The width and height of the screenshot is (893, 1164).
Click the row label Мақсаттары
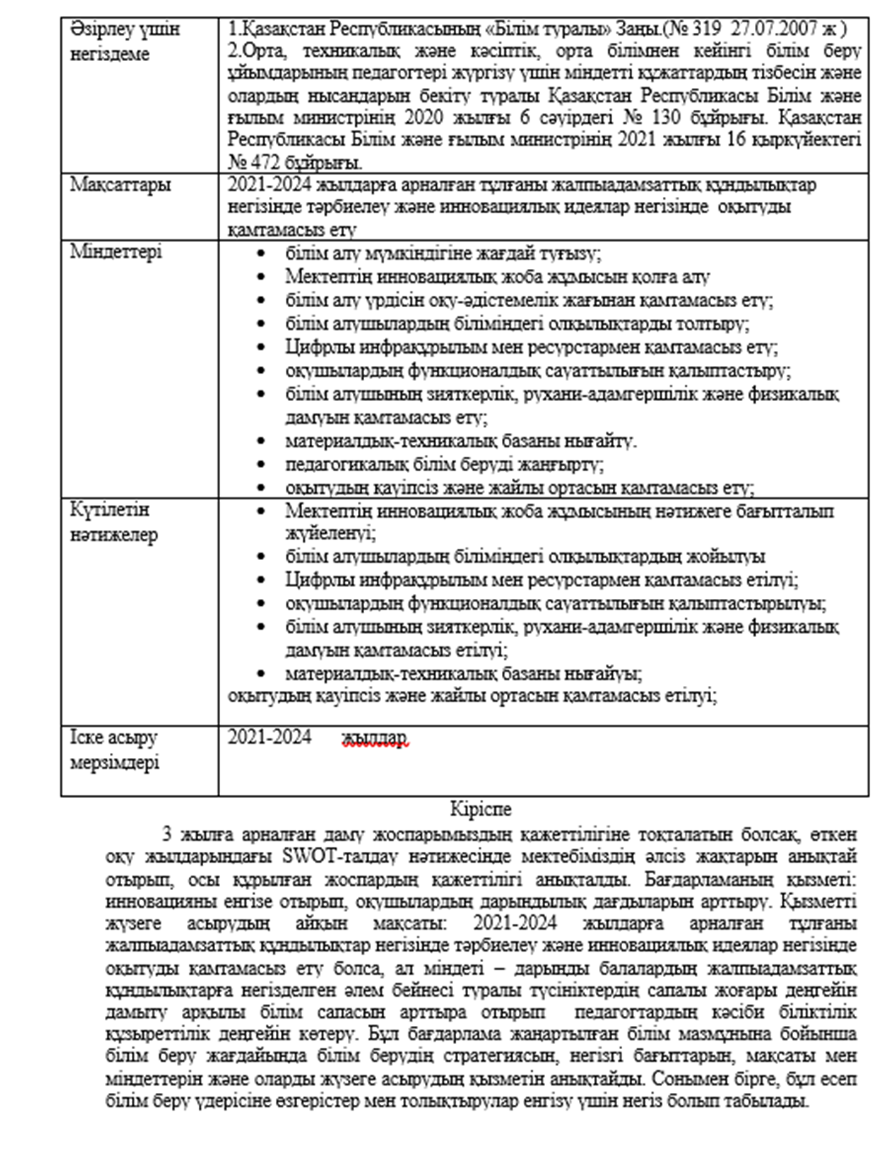119,185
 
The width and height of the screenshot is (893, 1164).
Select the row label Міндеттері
116,252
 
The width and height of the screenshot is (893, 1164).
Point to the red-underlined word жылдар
375,738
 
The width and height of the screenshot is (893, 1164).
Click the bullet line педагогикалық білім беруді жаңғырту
444,465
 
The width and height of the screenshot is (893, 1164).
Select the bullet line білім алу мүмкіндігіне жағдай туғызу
443,254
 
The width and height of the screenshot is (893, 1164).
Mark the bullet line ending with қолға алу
497,277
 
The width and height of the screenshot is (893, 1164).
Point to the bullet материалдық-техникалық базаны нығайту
461,442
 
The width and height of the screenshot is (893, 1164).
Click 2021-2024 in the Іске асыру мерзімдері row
269,738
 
